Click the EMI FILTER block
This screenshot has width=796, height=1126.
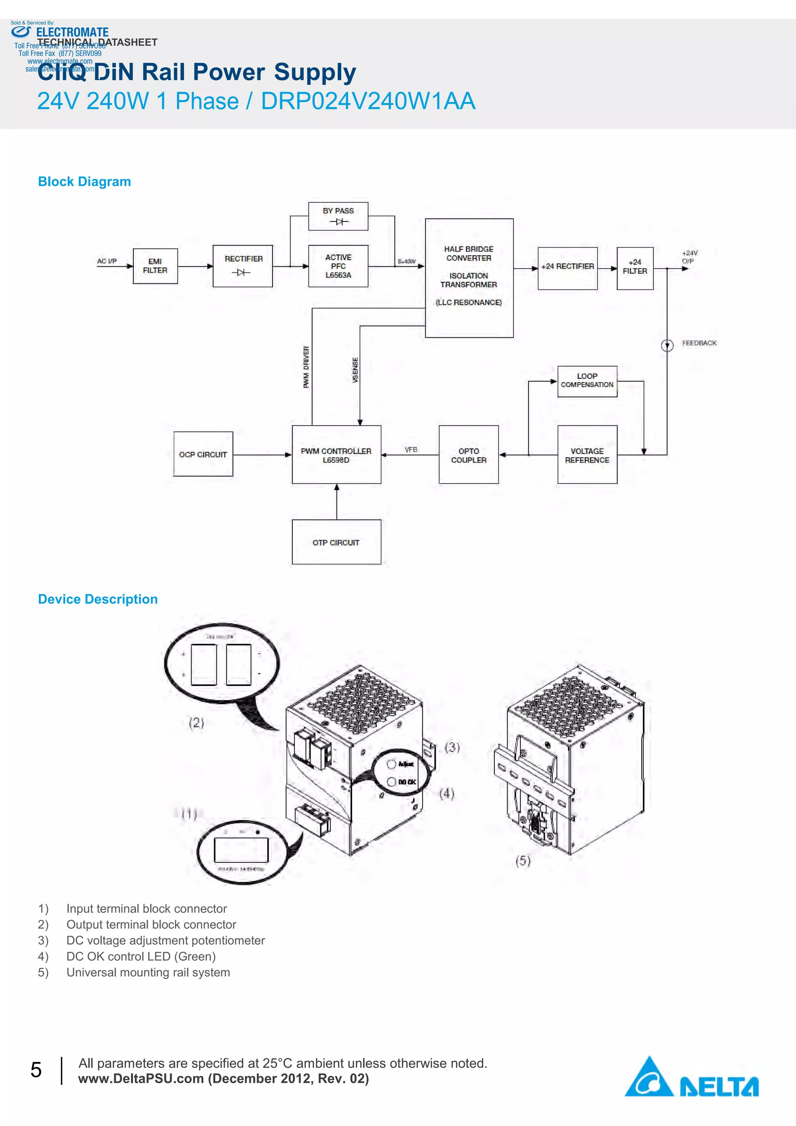155,266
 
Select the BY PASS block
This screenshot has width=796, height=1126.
338,216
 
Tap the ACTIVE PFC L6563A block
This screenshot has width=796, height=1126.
338,266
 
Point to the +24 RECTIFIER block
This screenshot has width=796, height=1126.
567,268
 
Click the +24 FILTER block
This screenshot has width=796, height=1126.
635,268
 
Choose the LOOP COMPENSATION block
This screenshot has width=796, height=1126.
587,381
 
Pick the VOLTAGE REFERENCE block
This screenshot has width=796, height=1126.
587,455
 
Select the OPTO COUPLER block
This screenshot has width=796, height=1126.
468,455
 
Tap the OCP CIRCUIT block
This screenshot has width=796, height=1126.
203,454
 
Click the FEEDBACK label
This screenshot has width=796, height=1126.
699,343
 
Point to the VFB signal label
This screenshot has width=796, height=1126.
411,449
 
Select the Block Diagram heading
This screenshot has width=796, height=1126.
84,182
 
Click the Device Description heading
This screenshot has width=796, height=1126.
98,599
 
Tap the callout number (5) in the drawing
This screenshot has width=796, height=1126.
523,860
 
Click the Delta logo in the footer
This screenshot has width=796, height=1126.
691,1079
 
